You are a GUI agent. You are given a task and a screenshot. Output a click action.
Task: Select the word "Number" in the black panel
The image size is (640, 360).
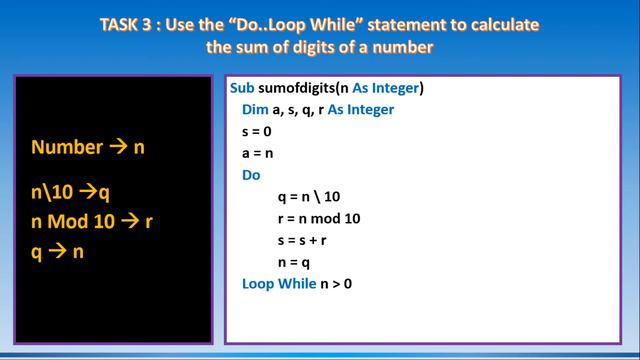(67, 147)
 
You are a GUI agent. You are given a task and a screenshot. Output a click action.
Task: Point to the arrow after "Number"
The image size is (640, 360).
(119, 147)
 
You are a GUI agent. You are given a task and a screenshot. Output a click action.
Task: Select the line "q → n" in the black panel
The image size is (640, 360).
(57, 252)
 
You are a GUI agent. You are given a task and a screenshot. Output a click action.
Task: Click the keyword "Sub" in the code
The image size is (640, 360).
(243, 88)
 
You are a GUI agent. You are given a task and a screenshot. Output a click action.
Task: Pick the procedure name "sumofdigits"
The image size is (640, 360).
(296, 88)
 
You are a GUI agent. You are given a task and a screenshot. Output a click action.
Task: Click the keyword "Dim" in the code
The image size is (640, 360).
(255, 110)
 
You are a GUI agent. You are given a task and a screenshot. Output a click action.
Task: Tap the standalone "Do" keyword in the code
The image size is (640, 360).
(252, 175)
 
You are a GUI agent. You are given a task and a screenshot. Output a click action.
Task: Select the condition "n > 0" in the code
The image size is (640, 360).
(337, 284)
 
